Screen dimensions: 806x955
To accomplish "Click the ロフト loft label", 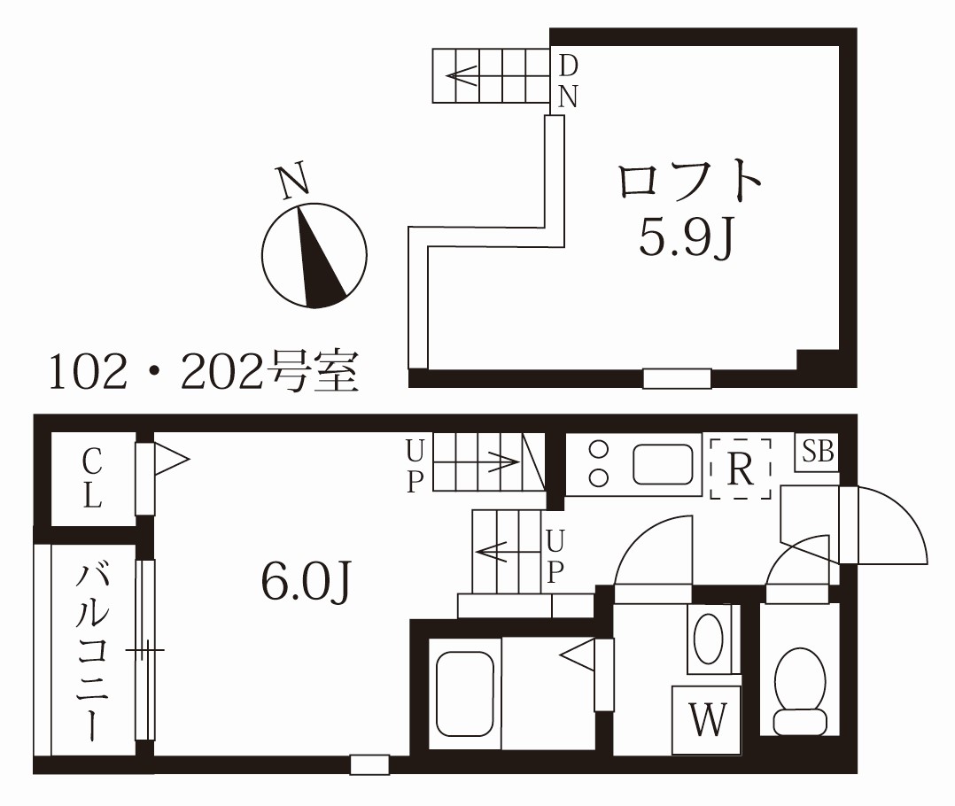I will coord(690,182).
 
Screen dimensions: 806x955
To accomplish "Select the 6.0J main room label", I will coord(307,582).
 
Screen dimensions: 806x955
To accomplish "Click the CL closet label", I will coord(91,478).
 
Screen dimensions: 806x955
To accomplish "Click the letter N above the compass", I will coord(294,181).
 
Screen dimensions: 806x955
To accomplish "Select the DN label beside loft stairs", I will coord(568,81).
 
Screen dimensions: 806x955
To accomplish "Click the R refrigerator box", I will coord(740,469).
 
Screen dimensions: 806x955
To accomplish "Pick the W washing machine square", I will coord(707,720).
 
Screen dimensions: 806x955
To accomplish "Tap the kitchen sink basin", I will coord(661,464).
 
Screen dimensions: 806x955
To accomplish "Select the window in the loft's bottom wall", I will coord(677,378).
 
